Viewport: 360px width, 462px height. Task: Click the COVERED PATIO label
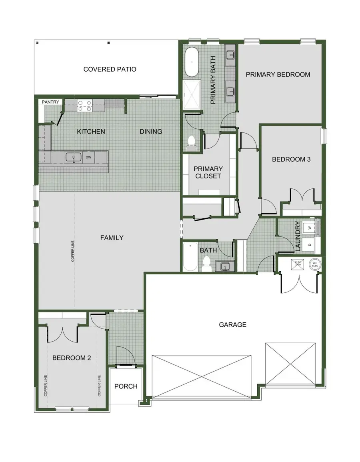tap(110, 69)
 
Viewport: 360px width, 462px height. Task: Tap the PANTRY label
tap(51, 102)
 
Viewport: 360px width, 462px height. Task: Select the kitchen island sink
tap(74, 157)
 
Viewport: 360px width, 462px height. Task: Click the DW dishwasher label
tap(88, 157)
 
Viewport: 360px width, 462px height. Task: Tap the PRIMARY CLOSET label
tap(208, 172)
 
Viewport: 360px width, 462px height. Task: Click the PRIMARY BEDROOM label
tap(278, 74)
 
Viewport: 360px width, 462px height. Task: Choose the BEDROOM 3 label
tap(291, 159)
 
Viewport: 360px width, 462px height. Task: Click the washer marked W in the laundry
tap(309, 228)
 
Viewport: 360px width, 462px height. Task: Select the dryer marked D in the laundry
tap(309, 245)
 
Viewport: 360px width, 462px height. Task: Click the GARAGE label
tap(232, 325)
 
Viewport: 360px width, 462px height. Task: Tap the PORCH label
tap(126, 386)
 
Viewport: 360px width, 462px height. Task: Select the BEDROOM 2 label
tap(72, 358)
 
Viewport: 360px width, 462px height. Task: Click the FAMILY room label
tap(112, 238)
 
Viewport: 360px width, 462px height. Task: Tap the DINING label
tap(151, 131)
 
